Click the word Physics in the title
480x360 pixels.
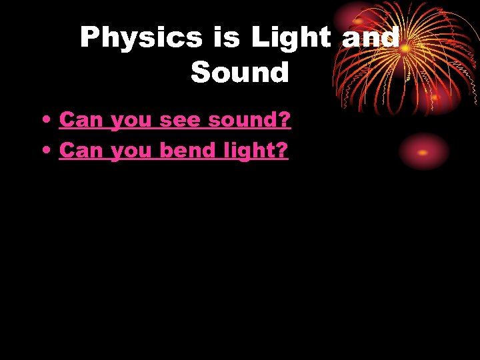coord(141,38)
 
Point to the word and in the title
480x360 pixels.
coord(370,38)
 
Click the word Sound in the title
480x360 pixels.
coord(240,72)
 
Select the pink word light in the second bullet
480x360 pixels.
coord(250,151)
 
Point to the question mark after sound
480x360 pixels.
coord(285,120)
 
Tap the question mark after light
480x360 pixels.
coord(282,151)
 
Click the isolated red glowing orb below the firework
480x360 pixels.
coord(423,152)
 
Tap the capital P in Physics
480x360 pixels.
coord(89,38)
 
